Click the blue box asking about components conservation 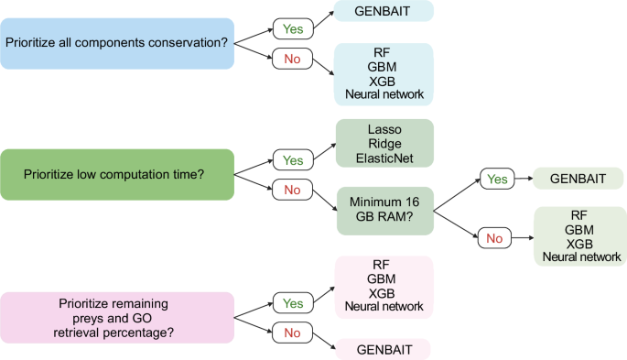[118, 41]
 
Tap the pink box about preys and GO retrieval [118, 317]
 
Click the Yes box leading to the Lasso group [293, 160]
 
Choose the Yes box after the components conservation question [293, 28]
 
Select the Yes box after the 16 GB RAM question [499, 180]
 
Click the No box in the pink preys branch [293, 333]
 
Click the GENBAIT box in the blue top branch [383, 10]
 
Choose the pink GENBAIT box [383, 349]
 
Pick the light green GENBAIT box [579, 180]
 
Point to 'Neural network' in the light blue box [383, 93]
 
